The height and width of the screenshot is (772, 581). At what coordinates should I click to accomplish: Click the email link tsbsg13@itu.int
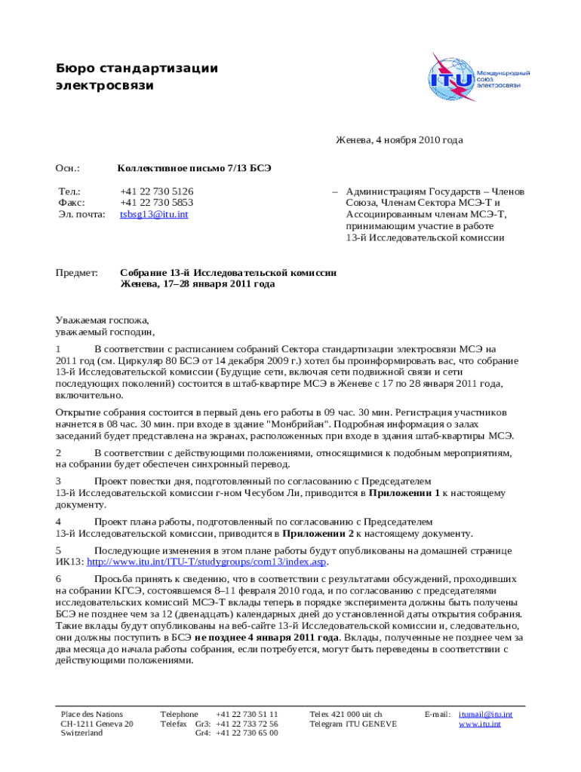point(154,214)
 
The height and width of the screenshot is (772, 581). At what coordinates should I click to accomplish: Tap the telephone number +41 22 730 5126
point(156,191)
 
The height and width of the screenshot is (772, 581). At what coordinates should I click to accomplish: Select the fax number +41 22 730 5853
point(156,203)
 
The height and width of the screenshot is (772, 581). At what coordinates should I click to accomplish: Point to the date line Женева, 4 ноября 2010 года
point(399,140)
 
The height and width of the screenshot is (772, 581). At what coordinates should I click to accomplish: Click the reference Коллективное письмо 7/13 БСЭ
point(194,169)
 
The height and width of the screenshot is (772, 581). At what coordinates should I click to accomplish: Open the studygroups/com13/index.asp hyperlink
point(207,562)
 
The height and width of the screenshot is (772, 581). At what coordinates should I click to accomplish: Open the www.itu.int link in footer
point(480,724)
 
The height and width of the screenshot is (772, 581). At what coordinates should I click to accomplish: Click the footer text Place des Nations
point(91,714)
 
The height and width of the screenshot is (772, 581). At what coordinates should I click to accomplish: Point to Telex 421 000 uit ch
point(346,714)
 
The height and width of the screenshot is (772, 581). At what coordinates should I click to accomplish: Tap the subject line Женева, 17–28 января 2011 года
point(198,284)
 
